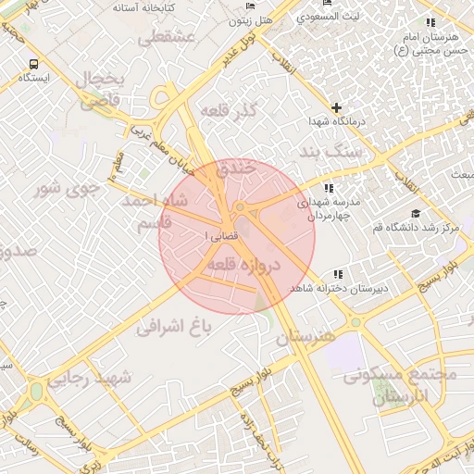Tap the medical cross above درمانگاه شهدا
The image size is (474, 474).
(336, 107)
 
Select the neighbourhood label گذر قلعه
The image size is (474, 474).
(259, 112)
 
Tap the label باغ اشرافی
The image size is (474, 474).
(176, 325)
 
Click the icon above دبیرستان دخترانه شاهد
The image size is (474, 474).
(338, 274)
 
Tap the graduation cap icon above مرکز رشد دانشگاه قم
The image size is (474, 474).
(416, 214)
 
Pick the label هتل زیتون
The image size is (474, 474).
(249, 18)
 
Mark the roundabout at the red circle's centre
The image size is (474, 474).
(239, 206)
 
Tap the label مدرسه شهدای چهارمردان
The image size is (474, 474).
(335, 208)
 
